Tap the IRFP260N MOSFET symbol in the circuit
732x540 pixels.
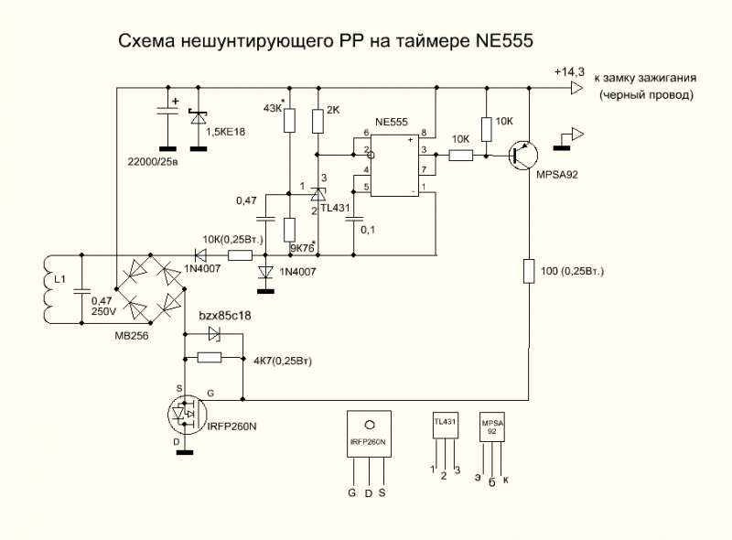(x=187, y=415)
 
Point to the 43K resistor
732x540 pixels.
(x=290, y=120)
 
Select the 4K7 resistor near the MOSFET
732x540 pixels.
(x=210, y=358)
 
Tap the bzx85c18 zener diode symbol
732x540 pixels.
(x=211, y=334)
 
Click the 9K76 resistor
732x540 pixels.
(x=290, y=230)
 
